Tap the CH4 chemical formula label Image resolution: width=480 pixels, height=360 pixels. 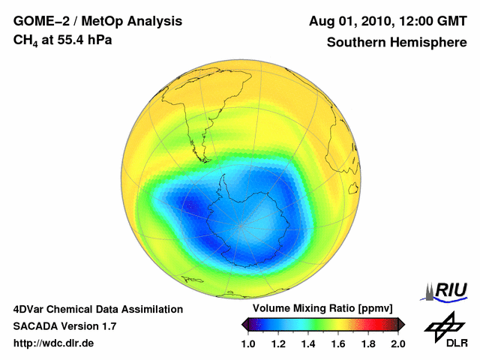pos(24,40)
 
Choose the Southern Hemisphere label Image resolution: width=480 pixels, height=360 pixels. pos(397,42)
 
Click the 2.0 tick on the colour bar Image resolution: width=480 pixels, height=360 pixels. pos(397,343)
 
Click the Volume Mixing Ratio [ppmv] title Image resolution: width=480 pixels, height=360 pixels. pos(323,308)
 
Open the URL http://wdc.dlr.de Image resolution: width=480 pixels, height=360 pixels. pos(54,343)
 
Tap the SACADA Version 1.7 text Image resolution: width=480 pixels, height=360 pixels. pos(64,326)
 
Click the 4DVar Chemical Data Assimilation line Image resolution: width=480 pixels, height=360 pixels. pos(97,309)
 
